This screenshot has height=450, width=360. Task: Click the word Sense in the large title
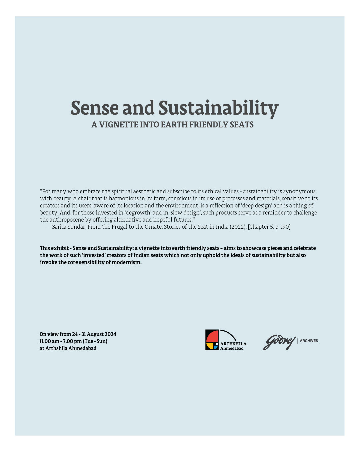coord(95,108)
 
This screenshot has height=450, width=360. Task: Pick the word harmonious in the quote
coord(124,198)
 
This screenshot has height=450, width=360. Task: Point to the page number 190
coord(285,227)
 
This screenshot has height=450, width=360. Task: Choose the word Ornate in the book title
coord(153,227)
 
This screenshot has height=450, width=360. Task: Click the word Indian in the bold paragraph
coord(141,255)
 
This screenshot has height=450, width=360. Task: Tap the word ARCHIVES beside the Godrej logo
coord(309,341)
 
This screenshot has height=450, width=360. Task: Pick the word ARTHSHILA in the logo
coord(233,344)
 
